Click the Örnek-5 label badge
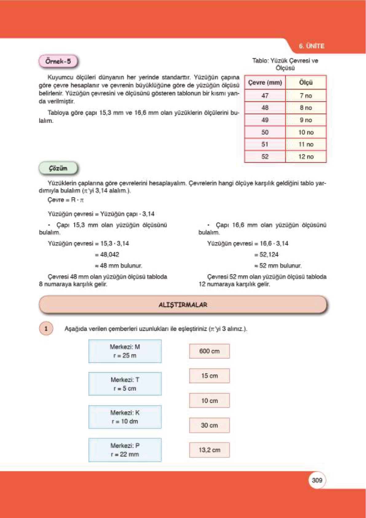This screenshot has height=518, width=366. point(58,61)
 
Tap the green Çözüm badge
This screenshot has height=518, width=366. point(58,168)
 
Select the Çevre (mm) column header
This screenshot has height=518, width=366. point(265,82)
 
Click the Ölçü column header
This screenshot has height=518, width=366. point(306,82)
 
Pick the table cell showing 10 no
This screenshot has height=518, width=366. point(306,132)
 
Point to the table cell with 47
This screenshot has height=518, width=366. point(265,96)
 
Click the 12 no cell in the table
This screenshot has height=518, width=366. point(306,157)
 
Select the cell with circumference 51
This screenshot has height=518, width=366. point(265,144)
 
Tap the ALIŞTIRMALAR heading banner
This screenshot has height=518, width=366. point(183,305)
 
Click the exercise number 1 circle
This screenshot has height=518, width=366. point(46,329)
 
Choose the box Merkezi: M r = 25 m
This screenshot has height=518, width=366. point(125,351)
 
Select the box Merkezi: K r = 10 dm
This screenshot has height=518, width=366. point(125,417)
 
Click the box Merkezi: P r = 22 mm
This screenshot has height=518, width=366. point(125,450)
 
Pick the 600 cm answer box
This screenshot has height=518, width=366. point(209,351)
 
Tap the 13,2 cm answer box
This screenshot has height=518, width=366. point(209,450)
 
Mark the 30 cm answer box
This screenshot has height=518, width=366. point(209,425)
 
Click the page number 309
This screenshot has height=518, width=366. point(317,480)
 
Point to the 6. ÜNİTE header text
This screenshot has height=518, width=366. point(311,46)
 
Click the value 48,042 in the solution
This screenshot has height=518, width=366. point(109,254)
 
